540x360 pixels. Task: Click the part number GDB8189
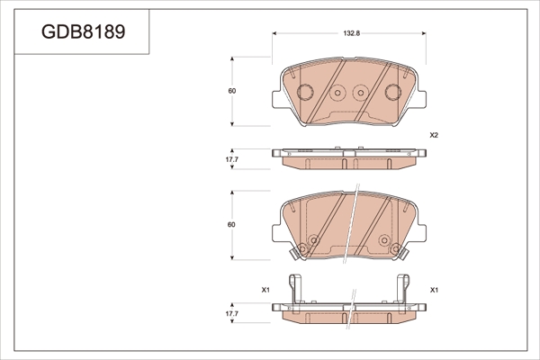point(84,31)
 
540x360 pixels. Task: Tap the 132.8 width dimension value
point(351,33)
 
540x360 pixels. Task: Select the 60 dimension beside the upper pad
point(232,91)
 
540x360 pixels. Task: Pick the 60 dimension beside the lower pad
point(231,225)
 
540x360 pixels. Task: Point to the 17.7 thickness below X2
point(232,159)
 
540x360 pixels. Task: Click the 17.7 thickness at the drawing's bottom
point(232,314)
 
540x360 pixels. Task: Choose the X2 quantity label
point(434,135)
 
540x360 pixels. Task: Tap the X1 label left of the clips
point(265,290)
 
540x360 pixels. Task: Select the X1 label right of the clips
point(434,290)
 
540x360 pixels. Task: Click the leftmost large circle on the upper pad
point(305,93)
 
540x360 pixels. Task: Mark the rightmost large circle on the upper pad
point(393,93)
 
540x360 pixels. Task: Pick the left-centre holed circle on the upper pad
point(337,93)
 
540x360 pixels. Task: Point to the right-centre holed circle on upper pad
point(361,93)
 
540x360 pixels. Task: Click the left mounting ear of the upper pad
point(277,99)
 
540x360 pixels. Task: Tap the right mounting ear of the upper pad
point(421,99)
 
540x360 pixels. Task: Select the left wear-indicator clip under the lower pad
point(295,254)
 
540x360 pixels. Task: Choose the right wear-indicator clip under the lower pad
point(403,254)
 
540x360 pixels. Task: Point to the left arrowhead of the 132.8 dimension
point(274,33)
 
